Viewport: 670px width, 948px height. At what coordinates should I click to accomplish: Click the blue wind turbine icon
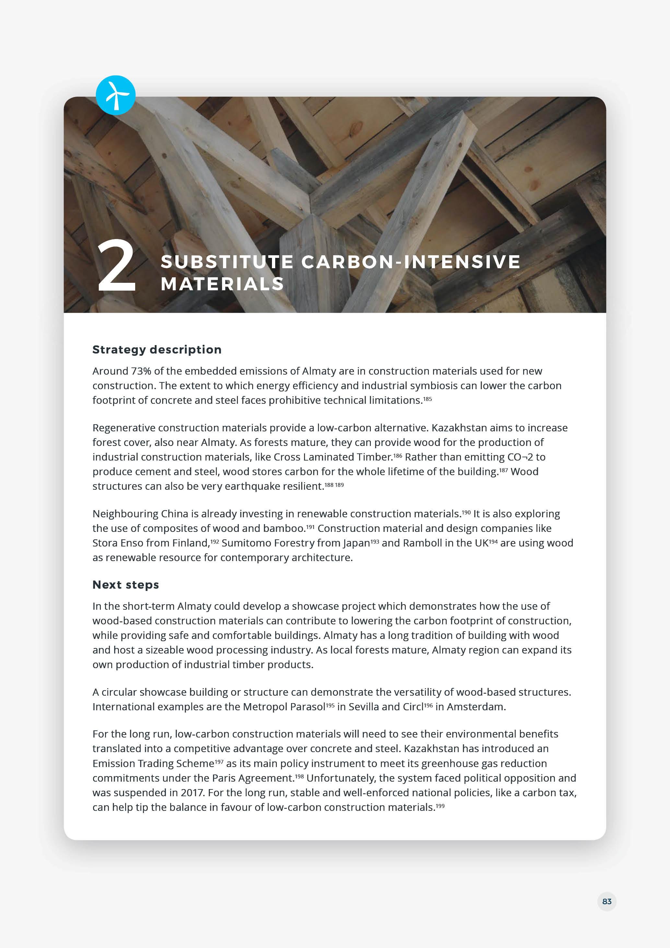point(115,95)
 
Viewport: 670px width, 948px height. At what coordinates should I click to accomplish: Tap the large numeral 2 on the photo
point(116,266)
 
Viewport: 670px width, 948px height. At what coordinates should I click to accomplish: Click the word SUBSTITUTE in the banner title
point(227,262)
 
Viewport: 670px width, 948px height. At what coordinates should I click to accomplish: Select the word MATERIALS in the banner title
point(222,284)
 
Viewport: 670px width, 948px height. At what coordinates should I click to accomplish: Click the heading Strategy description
point(157,350)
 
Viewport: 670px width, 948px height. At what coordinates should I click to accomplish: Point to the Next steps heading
point(125,585)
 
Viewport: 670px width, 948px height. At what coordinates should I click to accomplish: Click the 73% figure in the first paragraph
point(141,371)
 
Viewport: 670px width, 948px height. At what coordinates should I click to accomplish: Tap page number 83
point(606,901)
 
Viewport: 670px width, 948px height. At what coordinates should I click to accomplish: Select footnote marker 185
point(428,399)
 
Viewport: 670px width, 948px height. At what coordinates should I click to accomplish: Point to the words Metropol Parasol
point(284,707)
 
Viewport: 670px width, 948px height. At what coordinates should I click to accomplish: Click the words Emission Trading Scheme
point(153,763)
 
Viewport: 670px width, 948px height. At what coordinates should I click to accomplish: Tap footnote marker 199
point(440,806)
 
